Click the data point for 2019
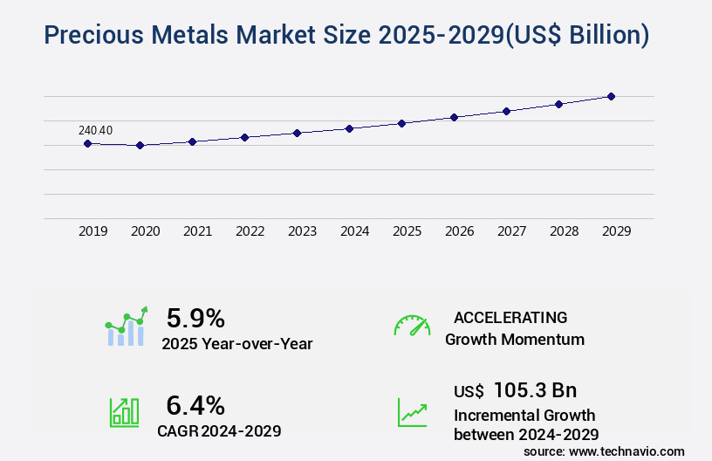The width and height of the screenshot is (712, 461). (x=87, y=143)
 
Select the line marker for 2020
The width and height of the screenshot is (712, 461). (x=140, y=145)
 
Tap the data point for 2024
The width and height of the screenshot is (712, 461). (x=349, y=128)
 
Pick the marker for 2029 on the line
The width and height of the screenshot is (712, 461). (x=611, y=96)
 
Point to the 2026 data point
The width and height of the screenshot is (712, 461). (x=454, y=117)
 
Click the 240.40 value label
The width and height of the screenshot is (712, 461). (x=95, y=131)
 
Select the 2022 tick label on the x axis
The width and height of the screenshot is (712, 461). (x=250, y=231)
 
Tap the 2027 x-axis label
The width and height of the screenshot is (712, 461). (x=512, y=231)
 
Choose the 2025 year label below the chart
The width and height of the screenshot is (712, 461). (x=407, y=231)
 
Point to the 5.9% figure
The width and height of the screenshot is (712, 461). (x=195, y=318)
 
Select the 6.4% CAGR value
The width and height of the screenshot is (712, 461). (x=195, y=405)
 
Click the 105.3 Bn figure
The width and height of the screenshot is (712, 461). (x=535, y=390)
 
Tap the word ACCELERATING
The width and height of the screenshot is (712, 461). (x=510, y=317)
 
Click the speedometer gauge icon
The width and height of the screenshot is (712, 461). (x=412, y=326)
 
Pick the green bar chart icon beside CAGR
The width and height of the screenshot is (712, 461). (x=123, y=412)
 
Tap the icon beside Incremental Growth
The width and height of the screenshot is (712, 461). (x=412, y=412)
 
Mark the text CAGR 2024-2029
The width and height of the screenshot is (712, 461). (x=219, y=430)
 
